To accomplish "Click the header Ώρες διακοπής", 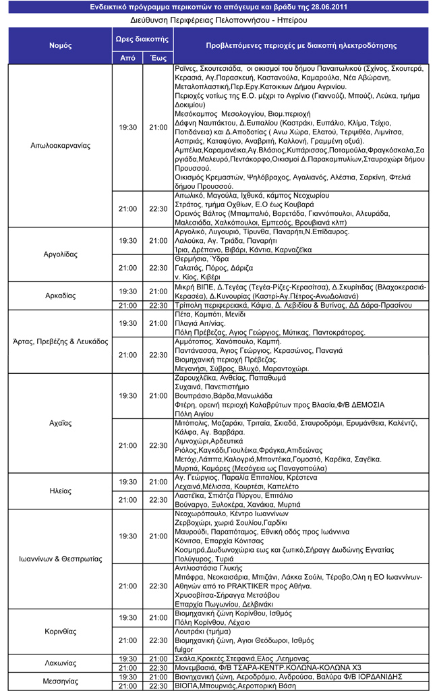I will (142, 39).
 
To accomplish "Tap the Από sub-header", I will (127, 59).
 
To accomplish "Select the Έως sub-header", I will (158, 59).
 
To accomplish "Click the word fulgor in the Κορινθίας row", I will (183, 649).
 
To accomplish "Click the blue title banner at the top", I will (218, 7).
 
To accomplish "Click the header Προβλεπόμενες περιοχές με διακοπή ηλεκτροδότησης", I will (300, 46).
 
